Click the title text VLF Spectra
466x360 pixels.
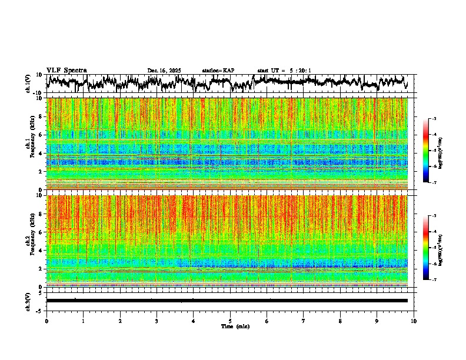point(66,70)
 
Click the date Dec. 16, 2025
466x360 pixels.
point(164,71)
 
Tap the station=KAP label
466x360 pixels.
point(218,71)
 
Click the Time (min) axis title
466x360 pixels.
point(235,326)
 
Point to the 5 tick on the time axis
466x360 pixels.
point(230,321)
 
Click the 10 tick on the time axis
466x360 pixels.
point(414,321)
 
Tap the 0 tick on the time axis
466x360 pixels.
point(46,321)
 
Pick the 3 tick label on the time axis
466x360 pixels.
point(157,321)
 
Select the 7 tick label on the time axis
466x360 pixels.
point(304,321)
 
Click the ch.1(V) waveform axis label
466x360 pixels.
point(28,84)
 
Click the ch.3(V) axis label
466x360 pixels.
point(28,301)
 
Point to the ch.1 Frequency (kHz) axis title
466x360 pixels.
point(31,144)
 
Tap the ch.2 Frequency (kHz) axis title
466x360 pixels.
point(31,241)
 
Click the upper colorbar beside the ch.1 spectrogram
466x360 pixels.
point(432,151)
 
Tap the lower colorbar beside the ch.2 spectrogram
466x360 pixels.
point(432,248)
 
